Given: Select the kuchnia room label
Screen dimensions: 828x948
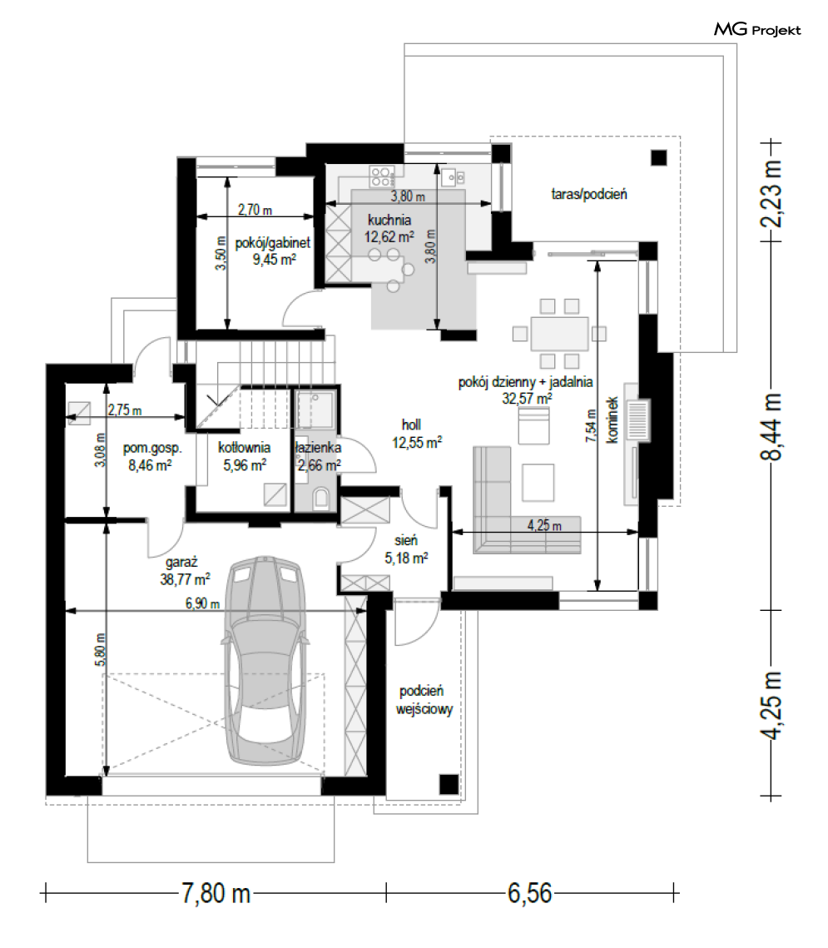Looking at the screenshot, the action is click(389, 220).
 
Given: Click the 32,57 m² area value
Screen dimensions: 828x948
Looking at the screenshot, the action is click(527, 399).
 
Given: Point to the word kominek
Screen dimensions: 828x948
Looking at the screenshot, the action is click(612, 419).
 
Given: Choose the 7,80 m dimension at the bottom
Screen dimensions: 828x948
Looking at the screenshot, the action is click(216, 894).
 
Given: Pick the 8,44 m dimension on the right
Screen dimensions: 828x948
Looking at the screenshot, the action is click(771, 426).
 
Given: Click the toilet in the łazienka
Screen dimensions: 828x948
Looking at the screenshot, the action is click(321, 499).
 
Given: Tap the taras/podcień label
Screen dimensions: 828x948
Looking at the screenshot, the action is click(589, 194).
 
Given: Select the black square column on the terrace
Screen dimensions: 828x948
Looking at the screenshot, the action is click(659, 158).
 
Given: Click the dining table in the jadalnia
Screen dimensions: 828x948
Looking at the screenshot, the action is click(560, 333).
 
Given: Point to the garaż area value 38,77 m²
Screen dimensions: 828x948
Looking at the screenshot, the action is click(185, 579).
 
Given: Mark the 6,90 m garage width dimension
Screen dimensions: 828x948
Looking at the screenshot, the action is click(202, 603).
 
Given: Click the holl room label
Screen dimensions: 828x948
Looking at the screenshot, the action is click(411, 424).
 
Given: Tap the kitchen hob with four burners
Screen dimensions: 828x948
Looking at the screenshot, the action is click(381, 176).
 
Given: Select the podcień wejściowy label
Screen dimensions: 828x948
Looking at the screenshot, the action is click(424, 699).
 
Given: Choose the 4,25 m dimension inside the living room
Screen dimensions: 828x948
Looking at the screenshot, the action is click(544, 525).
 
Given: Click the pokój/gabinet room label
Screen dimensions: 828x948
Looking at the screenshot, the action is click(273, 242).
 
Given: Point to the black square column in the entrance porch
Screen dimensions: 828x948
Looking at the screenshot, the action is click(449, 784).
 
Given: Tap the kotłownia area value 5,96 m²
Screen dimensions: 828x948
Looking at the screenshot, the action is click(245, 465).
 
